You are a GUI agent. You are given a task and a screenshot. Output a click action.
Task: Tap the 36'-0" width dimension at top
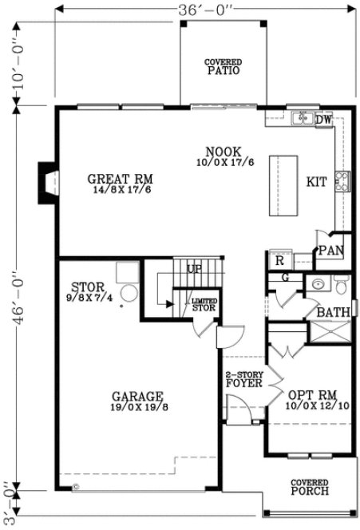tap(207, 9)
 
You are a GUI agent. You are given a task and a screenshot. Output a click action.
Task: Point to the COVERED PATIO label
tap(223, 65)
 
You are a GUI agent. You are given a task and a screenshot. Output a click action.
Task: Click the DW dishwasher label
tap(322, 121)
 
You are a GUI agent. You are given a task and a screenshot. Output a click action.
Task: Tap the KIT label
tap(316, 182)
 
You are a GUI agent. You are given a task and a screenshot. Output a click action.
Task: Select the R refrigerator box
tap(280, 259)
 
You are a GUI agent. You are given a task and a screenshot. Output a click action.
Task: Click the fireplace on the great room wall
tap(49, 179)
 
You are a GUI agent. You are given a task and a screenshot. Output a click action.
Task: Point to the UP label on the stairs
tap(194, 269)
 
